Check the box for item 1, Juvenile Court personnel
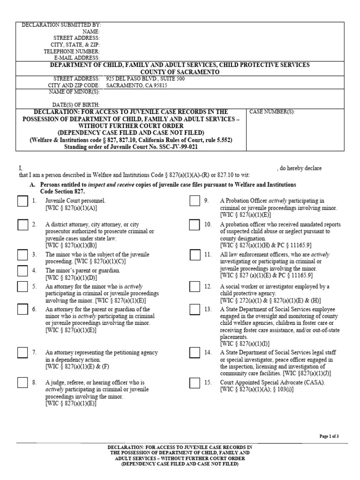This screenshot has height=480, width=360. (x=22, y=202)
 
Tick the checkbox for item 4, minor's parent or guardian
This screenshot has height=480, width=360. (x=22, y=271)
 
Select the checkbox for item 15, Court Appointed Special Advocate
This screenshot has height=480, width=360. (x=195, y=383)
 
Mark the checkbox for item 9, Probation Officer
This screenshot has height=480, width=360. (x=195, y=202)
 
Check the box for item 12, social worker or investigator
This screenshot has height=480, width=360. (x=195, y=287)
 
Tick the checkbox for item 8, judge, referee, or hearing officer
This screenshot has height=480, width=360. (x=22, y=383)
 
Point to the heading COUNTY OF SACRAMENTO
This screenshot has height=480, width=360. (x=180, y=72)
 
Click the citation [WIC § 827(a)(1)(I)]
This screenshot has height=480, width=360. (x=244, y=344)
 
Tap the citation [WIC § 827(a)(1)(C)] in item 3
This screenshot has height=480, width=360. (x=123, y=261)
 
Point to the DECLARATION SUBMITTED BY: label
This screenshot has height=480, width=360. (x=61, y=24)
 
